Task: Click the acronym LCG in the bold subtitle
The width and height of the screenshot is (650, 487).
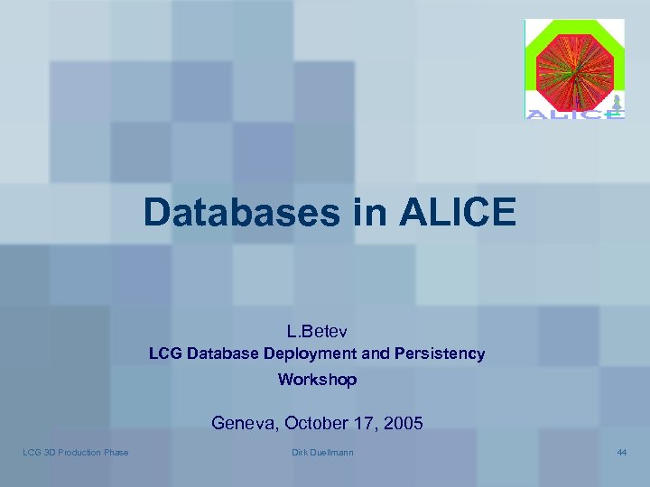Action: pos(166,354)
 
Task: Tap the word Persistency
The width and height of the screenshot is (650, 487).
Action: pos(440,354)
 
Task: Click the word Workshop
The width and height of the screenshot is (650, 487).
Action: pos(317,380)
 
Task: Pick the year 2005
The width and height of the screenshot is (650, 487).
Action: pos(403,422)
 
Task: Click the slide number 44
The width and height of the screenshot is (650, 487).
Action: pos(621,452)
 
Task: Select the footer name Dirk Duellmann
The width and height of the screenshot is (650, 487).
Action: pos(323,452)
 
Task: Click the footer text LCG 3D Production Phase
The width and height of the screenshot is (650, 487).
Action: pos(76,452)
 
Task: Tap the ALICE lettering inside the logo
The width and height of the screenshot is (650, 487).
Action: pos(574,114)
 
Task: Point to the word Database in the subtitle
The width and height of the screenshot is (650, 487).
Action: pos(223,354)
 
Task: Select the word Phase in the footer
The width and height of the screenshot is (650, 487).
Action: pos(116,452)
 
